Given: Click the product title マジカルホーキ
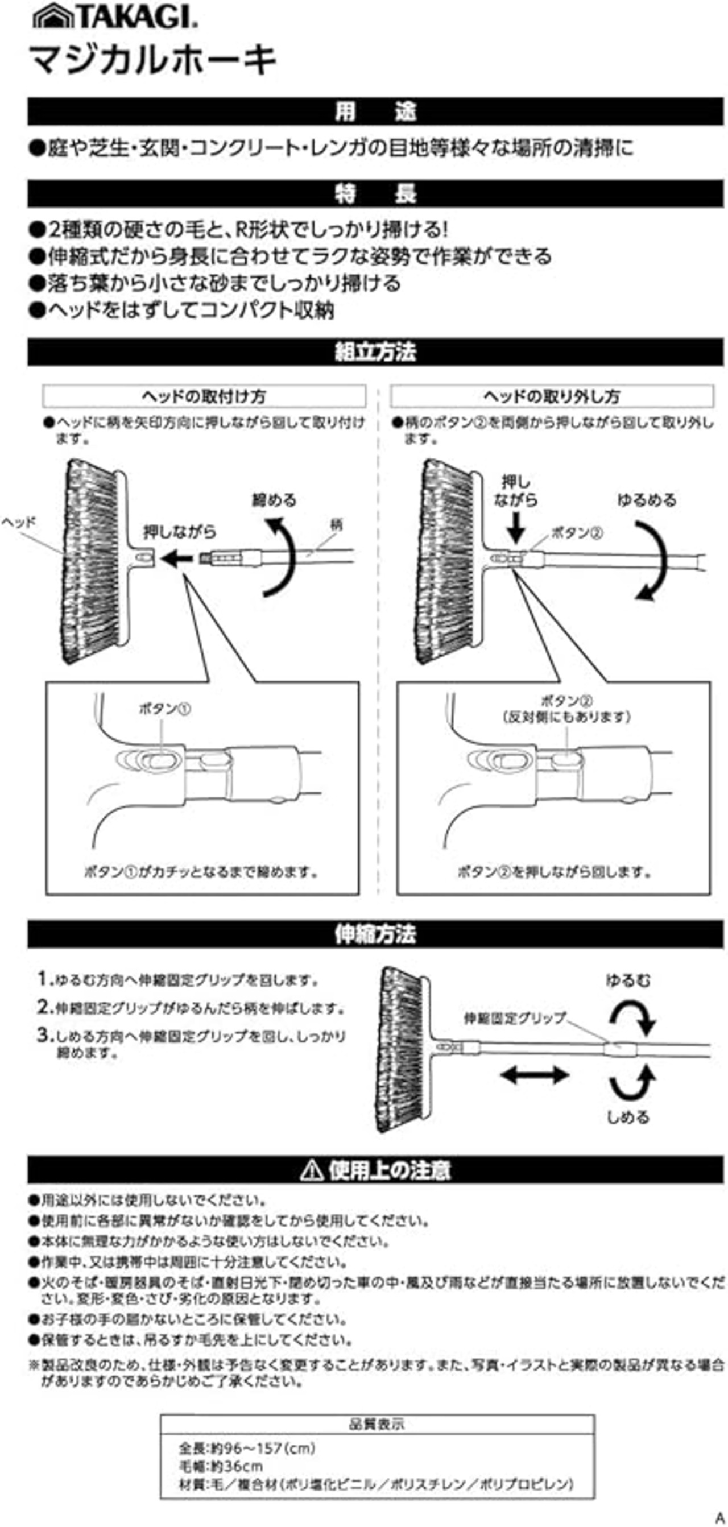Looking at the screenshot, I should (153, 60).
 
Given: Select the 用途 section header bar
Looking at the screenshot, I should (375, 111).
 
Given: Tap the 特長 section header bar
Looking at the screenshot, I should (375, 193).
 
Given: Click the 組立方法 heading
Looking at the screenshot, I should (375, 352).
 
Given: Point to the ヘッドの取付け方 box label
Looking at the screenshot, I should (204, 396).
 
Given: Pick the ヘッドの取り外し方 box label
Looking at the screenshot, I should (551, 396).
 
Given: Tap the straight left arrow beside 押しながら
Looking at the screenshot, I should (176, 558).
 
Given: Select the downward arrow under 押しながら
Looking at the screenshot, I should (516, 527).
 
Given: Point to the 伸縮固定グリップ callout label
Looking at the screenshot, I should (515, 1018).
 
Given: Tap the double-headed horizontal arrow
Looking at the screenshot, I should (534, 1074).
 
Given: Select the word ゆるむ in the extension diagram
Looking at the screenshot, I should (628, 980).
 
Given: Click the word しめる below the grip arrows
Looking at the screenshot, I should (628, 1117).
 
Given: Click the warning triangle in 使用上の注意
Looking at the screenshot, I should (311, 1171).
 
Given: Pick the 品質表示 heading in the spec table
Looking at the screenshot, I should (377, 1424).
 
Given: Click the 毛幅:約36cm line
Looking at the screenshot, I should (221, 1467).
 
